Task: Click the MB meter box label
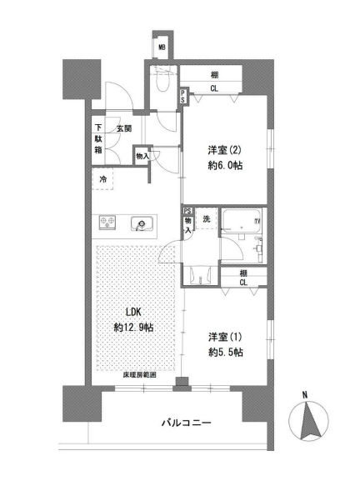(162, 48)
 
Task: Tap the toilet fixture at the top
(162, 79)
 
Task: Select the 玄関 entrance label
(124, 128)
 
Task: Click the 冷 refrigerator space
(102, 179)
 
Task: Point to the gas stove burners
(107, 222)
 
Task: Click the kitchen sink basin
(142, 223)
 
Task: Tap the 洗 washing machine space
(207, 218)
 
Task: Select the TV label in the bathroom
(257, 221)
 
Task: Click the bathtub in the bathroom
(241, 221)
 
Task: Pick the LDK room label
(133, 312)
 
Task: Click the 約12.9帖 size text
(133, 328)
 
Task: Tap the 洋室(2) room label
(224, 150)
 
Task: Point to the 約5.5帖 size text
(226, 353)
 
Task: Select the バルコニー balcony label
(187, 423)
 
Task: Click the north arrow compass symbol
(308, 420)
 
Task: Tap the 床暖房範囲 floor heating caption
(139, 375)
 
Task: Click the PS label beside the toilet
(182, 97)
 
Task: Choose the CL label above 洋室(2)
(214, 88)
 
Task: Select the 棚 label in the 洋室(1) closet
(243, 273)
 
